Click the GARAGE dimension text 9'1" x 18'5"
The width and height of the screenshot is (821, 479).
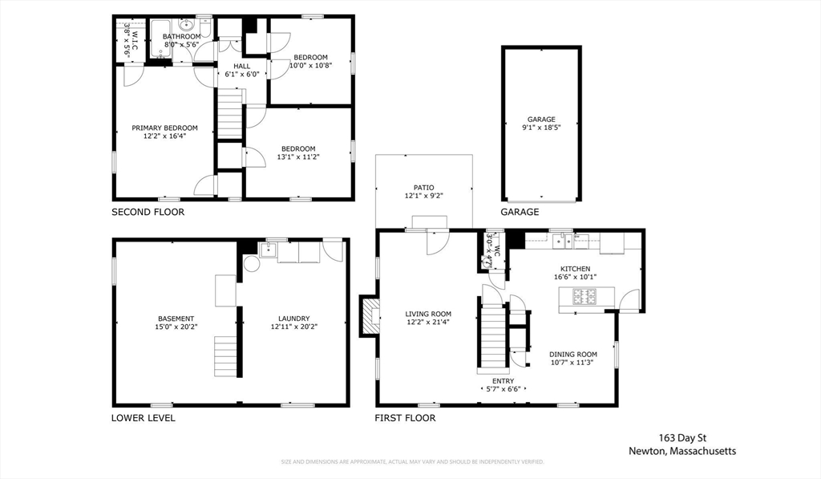click(x=541, y=128)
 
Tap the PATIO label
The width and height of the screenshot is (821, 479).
click(x=423, y=187)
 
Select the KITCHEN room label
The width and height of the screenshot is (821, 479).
click(x=575, y=269)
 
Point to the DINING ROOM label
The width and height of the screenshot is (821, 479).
click(x=573, y=354)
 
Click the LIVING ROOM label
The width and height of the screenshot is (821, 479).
click(x=427, y=314)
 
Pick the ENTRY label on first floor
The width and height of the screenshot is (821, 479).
click(x=503, y=381)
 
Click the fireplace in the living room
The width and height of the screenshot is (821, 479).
click(x=370, y=316)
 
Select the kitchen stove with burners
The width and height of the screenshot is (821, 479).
click(x=583, y=298)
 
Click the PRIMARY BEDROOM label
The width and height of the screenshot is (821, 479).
click(x=164, y=128)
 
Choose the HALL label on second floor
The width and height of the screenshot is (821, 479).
click(x=241, y=66)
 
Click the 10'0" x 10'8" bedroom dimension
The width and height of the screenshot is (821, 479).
click(x=309, y=66)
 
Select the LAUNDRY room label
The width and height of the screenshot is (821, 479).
click(x=289, y=318)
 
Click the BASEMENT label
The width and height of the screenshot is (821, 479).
click(x=175, y=318)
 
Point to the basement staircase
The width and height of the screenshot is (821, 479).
click(x=226, y=356)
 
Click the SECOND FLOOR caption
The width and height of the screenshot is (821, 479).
click(x=148, y=213)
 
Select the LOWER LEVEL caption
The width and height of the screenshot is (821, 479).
click(x=143, y=418)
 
